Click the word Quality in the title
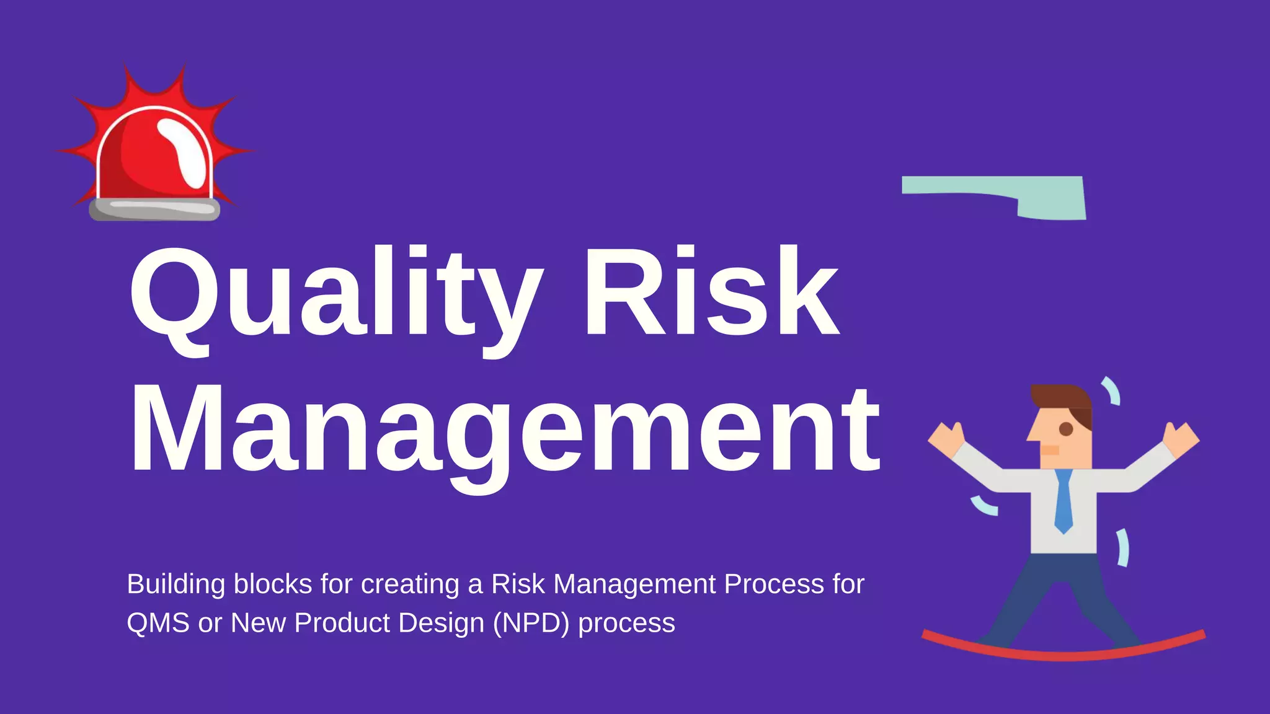[x=335, y=294]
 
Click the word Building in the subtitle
[x=176, y=584]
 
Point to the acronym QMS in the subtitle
[x=158, y=623]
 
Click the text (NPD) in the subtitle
[x=531, y=623]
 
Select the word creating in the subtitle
[x=410, y=584]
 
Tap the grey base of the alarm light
[x=154, y=209]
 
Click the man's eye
[x=1066, y=429]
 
